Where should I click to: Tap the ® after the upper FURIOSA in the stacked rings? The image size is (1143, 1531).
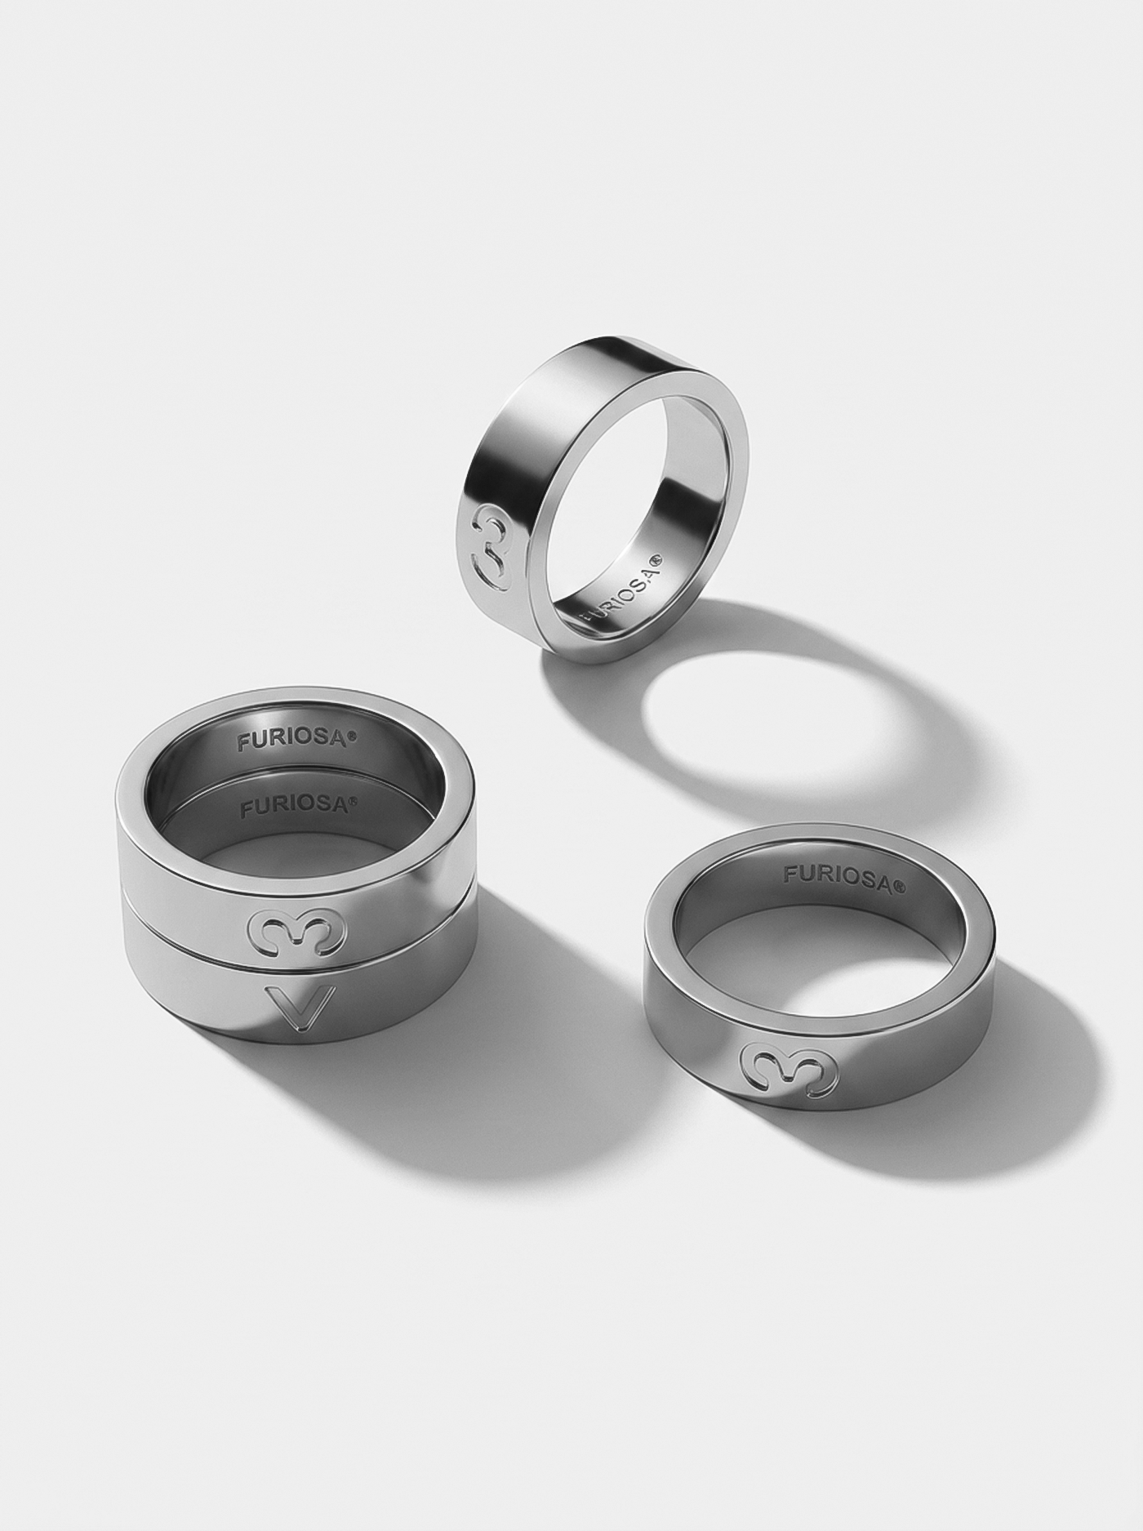(353, 736)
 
